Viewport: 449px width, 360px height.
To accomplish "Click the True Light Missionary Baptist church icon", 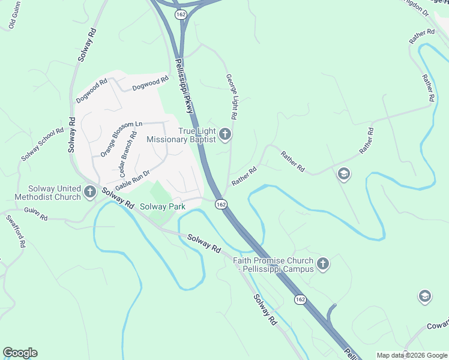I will [225, 134].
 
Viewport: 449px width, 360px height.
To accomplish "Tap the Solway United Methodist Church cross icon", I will [90, 193].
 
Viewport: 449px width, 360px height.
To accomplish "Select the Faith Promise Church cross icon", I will [323, 264].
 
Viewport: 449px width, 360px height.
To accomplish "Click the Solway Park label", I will [162, 206].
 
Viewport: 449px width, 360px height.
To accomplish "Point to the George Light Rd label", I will [232, 96].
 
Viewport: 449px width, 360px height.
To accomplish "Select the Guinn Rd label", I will [36, 214].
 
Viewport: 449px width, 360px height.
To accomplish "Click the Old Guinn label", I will [11, 17].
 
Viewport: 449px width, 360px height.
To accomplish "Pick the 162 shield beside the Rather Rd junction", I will [221, 205].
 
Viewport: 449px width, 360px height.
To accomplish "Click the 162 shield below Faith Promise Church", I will [300, 299].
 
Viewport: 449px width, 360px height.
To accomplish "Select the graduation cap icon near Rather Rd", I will [344, 175].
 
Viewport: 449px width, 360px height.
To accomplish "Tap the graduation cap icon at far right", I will [425, 296].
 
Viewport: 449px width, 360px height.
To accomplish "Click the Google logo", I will [20, 353].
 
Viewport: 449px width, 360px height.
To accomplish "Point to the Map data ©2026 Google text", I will [411, 355].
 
